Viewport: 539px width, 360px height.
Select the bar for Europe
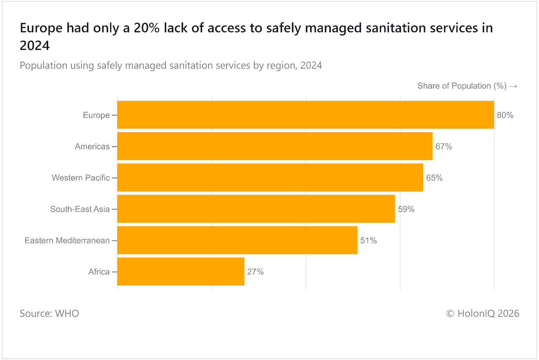click(305, 115)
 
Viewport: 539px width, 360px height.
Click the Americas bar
click(275, 146)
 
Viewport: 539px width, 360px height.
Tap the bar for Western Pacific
click(270, 177)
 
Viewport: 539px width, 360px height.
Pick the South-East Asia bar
click(256, 209)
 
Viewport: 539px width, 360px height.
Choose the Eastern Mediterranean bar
click(237, 240)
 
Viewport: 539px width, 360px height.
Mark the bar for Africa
click(181, 271)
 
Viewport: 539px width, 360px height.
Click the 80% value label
click(505, 115)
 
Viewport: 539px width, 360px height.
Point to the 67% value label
click(444, 146)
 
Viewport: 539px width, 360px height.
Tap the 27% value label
click(255, 272)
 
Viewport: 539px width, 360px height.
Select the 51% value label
click(369, 240)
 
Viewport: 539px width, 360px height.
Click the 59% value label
click(406, 209)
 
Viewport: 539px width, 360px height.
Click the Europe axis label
click(96, 115)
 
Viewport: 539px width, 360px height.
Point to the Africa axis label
click(99, 272)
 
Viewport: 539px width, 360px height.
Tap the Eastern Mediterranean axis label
click(67, 240)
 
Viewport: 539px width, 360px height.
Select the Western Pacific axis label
click(81, 178)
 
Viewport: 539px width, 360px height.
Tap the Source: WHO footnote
click(49, 314)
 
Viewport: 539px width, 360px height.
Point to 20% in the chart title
click(147, 28)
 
